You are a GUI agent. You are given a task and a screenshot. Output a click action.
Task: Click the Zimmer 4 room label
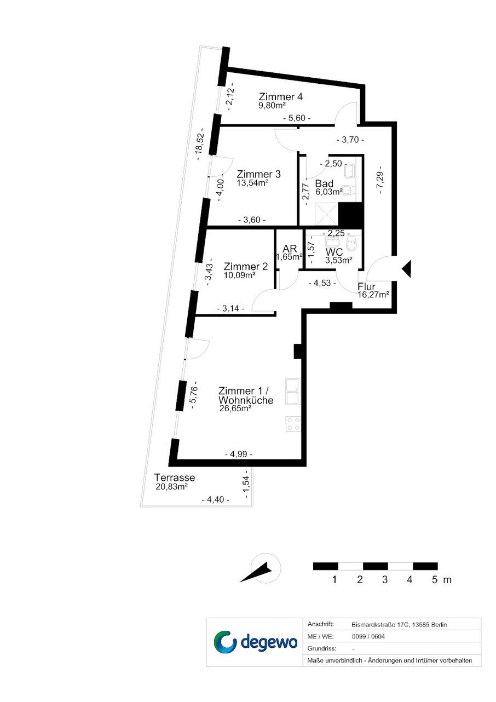point(280,96)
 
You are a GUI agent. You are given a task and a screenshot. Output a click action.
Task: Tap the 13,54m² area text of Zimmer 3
point(252,183)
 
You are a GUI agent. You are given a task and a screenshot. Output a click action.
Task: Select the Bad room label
point(324,183)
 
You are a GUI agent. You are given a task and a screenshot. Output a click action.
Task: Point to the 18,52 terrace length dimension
point(200,144)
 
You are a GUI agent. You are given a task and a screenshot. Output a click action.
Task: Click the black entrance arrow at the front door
point(406,268)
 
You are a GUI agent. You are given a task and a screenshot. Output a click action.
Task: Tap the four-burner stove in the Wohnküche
point(293,424)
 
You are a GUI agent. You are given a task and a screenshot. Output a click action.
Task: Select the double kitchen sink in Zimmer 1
point(293,392)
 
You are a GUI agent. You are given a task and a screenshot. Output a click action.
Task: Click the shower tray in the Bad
point(326,215)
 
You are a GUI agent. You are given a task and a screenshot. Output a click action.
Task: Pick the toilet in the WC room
point(351,244)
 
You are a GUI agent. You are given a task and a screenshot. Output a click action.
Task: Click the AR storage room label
point(290,249)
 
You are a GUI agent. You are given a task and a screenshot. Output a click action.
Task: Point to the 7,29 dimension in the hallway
point(380,180)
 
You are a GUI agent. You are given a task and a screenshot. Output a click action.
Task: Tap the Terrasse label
point(175,477)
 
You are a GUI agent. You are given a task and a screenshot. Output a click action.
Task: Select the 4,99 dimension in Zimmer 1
point(239,454)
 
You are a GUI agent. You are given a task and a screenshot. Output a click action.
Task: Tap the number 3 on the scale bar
point(384,579)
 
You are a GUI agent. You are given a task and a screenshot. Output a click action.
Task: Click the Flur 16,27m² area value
point(373,294)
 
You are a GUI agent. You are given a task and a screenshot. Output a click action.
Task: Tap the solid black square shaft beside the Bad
point(350,214)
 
